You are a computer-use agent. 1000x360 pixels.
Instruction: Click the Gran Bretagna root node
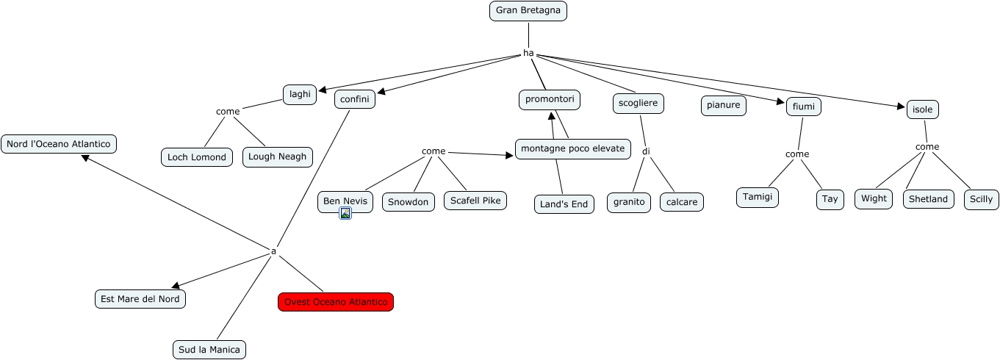528,11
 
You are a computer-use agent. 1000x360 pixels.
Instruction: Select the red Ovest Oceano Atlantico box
336,302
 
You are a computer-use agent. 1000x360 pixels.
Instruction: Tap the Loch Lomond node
197,157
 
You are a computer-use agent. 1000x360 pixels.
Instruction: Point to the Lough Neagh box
278,157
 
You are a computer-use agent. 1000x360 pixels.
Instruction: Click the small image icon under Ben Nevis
345,213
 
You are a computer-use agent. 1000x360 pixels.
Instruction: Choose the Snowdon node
409,202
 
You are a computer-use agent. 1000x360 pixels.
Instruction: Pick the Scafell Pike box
475,201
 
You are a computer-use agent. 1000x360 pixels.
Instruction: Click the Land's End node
564,204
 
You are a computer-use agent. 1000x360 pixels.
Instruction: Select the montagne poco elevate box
572,149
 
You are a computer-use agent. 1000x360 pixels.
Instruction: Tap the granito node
629,202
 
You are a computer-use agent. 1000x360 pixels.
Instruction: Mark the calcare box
682,202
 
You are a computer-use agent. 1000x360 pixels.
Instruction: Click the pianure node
724,106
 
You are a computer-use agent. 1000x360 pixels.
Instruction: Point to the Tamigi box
758,198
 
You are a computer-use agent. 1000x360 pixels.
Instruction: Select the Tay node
830,200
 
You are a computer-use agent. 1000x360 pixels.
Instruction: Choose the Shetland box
929,199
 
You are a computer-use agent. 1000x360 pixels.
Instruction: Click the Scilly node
982,199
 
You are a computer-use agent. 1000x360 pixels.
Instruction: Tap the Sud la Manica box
209,350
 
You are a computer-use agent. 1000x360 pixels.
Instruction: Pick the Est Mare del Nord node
140,299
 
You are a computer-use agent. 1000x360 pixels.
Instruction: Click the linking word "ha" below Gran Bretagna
528,53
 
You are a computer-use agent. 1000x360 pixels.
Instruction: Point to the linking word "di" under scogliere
646,152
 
